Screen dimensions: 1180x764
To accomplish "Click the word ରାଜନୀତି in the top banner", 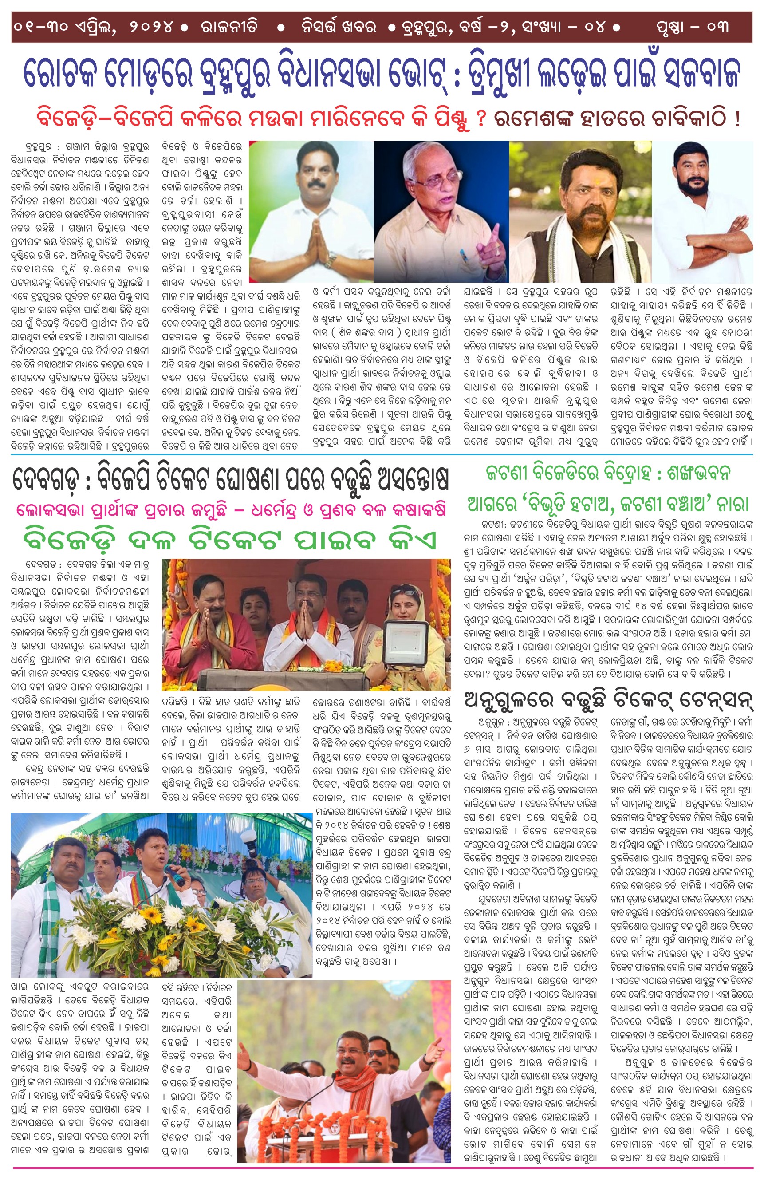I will click(229, 27).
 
